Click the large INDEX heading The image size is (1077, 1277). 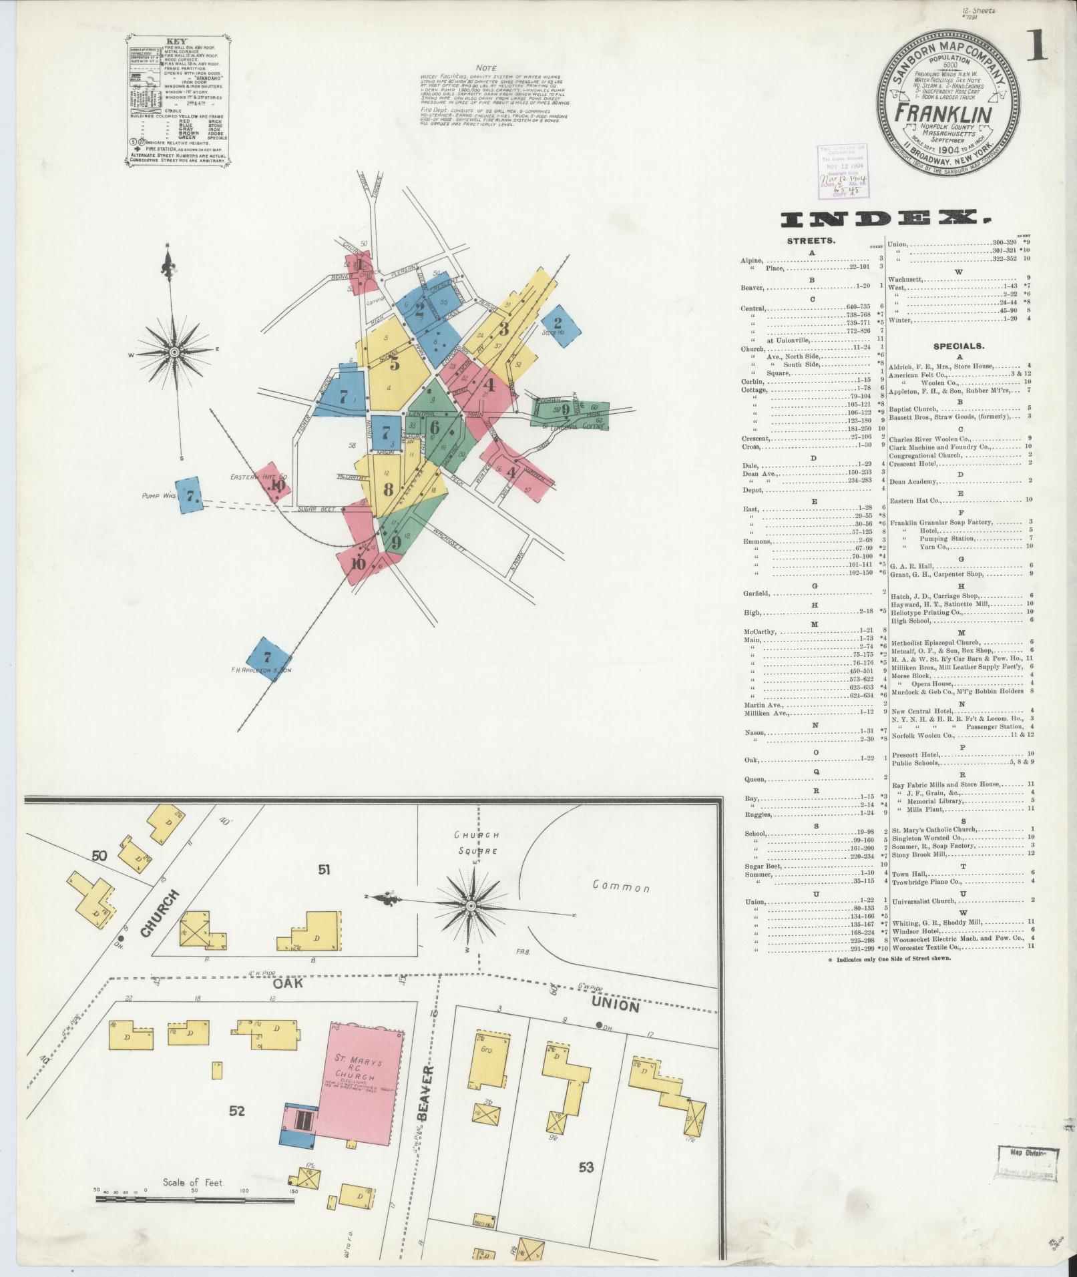pos(885,219)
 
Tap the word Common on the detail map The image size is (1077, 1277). pos(621,888)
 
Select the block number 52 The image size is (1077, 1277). pos(237,1111)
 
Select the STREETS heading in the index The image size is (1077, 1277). pos(811,241)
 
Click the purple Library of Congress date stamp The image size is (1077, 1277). pos(839,172)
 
